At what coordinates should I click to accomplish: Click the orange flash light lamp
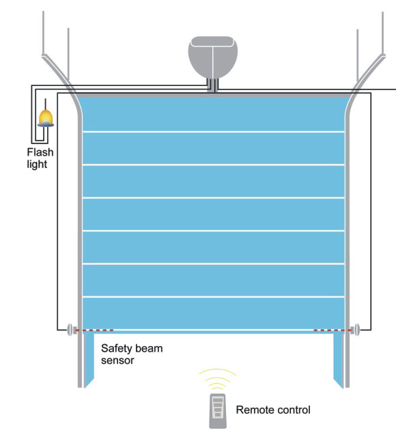tap(46, 118)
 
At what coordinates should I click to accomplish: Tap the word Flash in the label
tap(40, 152)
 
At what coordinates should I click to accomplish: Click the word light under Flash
tap(37, 165)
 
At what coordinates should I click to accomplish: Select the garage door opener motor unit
tap(213, 57)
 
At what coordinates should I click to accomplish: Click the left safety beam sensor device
tap(71, 330)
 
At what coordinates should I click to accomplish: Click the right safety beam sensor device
tap(355, 330)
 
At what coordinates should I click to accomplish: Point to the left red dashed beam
tap(95, 330)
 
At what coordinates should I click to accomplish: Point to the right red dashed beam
tap(333, 330)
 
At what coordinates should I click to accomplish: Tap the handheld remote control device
tap(218, 410)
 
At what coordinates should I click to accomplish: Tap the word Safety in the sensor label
tap(116, 349)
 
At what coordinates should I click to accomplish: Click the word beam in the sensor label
tap(148, 348)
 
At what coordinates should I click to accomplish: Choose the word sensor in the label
tap(117, 361)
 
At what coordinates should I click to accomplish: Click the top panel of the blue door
tap(214, 114)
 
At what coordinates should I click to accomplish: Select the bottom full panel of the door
tap(214, 313)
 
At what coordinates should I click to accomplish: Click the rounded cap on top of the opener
tap(213, 41)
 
